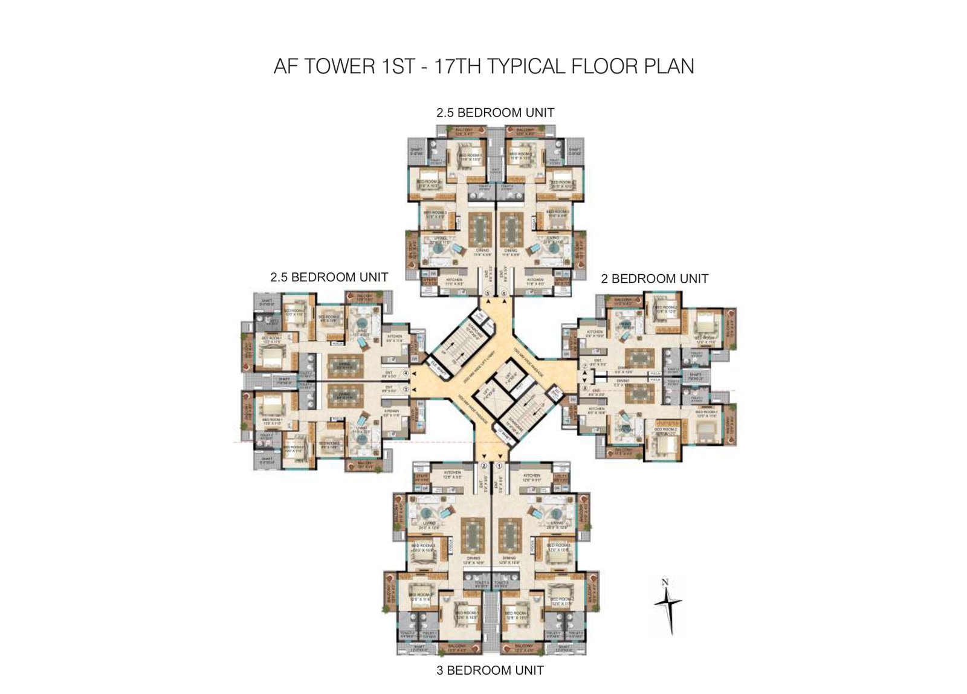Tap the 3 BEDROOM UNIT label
(490, 670)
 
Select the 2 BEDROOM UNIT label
(654, 278)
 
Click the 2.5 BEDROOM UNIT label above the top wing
(495, 112)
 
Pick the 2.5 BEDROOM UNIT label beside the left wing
(329, 277)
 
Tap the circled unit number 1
(499, 466)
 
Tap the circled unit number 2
(483, 466)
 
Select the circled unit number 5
(488, 294)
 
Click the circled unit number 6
(505, 294)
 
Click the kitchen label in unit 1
(531, 475)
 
